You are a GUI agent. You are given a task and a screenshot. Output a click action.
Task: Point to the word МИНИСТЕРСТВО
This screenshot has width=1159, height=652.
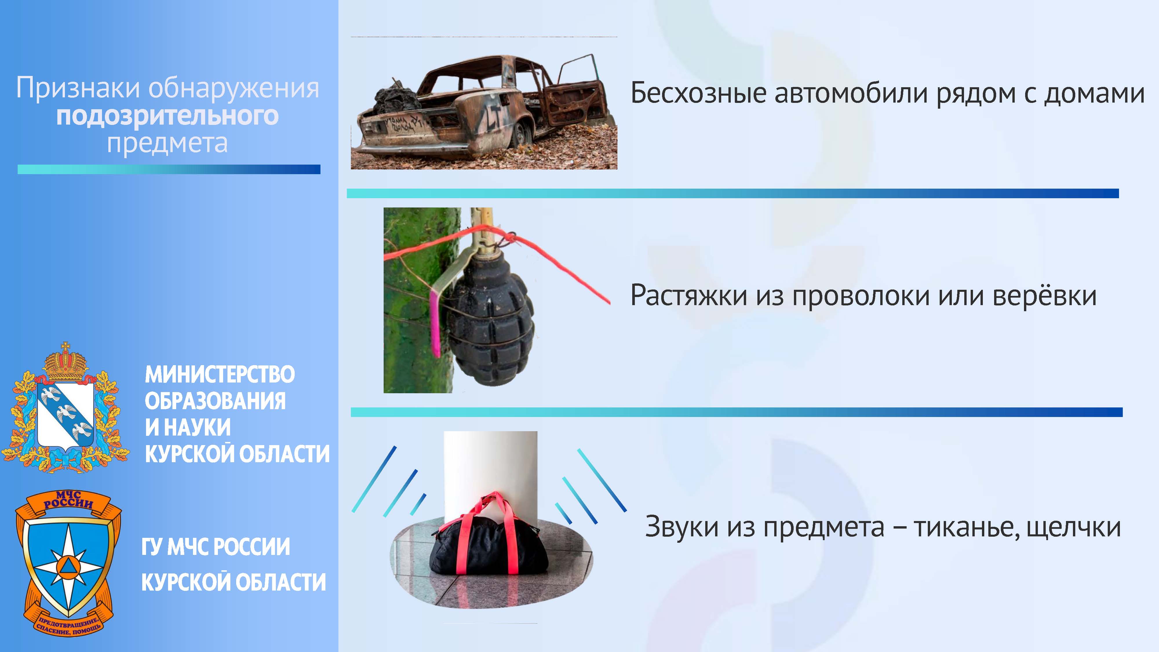pos(220,374)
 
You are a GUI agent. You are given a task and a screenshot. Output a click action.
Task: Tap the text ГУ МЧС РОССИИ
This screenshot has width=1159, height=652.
pos(216,547)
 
